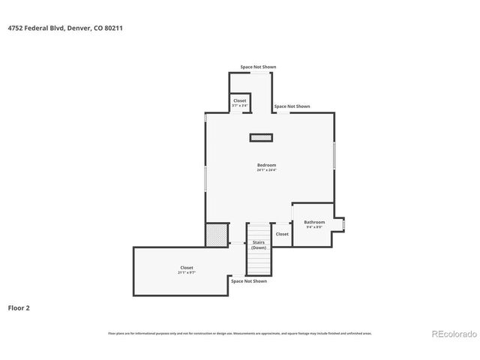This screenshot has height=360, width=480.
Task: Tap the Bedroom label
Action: (x=266, y=165)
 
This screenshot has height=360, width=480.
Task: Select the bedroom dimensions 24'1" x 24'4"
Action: (x=266, y=170)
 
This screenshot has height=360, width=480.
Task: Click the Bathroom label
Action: (x=314, y=222)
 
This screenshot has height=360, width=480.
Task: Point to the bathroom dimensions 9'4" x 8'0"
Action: (x=314, y=227)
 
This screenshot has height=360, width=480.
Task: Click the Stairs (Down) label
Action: (x=259, y=245)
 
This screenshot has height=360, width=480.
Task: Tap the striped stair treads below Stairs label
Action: (x=259, y=262)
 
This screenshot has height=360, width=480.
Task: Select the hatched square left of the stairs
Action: (x=217, y=234)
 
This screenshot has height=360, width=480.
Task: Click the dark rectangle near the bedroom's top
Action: (x=261, y=137)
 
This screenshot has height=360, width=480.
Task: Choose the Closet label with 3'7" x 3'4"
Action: (x=240, y=100)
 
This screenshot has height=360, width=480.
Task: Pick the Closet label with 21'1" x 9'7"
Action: (x=187, y=268)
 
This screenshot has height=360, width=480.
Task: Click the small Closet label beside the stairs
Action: (x=282, y=234)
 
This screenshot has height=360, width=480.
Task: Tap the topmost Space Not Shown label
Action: (x=258, y=67)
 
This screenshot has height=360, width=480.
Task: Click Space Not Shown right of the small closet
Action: (x=292, y=106)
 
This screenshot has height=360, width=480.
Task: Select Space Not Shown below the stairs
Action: (x=249, y=281)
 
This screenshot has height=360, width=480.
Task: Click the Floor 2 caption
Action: (x=19, y=307)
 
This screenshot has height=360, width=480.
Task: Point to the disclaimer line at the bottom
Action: (x=239, y=333)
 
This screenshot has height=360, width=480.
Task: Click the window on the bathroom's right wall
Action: (x=343, y=223)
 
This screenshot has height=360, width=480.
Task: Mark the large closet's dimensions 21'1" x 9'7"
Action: (x=187, y=272)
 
